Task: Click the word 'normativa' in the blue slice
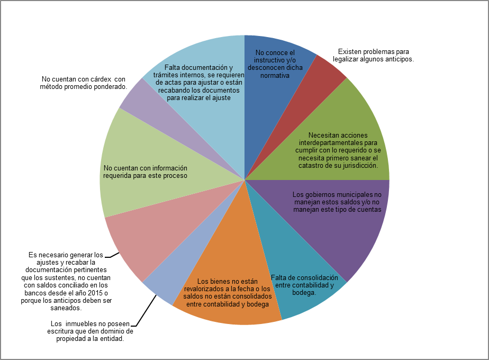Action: (x=275, y=76)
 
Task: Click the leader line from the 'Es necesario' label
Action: (x=112, y=256)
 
